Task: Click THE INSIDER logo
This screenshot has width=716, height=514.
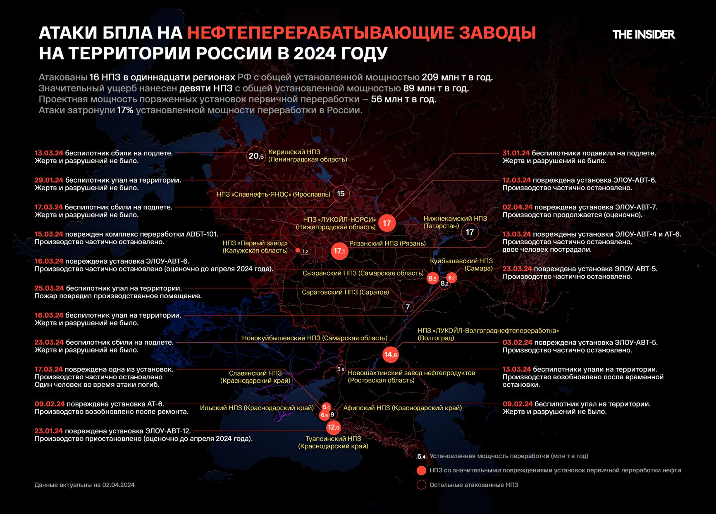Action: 643,34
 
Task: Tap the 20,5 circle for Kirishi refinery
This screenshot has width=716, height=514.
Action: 256,156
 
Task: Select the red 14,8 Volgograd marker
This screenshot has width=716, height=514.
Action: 390,355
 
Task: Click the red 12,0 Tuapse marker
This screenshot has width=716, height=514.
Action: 333,427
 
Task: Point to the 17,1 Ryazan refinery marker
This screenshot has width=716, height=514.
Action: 339,251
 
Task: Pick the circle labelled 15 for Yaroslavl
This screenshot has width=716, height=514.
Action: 341,194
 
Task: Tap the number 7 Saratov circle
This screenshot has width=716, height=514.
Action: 408,307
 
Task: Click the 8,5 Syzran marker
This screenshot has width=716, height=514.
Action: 432,278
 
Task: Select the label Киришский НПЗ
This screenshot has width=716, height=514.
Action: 294,152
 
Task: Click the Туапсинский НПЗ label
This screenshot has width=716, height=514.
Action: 333,439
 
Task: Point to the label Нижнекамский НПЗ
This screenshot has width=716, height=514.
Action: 455,219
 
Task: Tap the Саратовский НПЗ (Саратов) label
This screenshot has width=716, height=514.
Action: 345,292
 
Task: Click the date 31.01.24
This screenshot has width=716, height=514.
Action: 516,153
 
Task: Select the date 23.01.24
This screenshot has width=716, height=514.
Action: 49,431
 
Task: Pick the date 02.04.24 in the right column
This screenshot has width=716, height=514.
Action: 517,207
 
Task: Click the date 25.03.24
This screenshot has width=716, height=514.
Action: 49,288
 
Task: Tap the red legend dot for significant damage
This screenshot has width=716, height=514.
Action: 421,470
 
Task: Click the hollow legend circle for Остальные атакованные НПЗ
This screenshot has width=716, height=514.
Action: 421,485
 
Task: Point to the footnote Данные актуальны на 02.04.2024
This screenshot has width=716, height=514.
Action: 85,485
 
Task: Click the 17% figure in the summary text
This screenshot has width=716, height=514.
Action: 125,110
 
